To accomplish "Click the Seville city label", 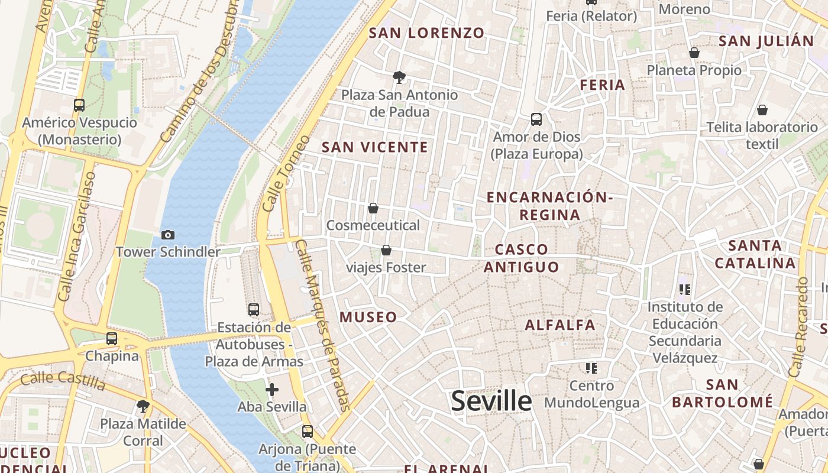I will tap(491, 401).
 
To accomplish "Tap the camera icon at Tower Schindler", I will tap(167, 235).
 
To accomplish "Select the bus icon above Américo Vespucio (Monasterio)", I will tap(79, 105).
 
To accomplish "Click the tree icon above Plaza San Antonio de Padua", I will tap(399, 77).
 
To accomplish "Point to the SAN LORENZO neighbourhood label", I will tap(426, 33).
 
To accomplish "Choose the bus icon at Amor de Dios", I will tap(536, 119).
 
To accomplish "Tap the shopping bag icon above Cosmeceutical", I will tap(373, 208).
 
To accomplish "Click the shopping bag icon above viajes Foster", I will tap(386, 250).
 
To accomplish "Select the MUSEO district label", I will tap(368, 318).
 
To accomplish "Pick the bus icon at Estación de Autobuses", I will tap(254, 309).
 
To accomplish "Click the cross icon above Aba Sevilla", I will tap(272, 390).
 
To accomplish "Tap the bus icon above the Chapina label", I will tap(112, 339).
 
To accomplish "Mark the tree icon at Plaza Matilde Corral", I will tap(143, 406).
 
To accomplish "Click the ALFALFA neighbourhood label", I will tap(560, 325).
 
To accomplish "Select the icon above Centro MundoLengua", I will tap(591, 368).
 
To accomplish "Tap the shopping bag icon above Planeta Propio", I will tap(694, 53).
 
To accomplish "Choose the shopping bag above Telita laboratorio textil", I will tap(762, 109).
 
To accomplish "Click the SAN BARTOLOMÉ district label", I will tap(722, 393).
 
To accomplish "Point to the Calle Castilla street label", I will tap(63, 381).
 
